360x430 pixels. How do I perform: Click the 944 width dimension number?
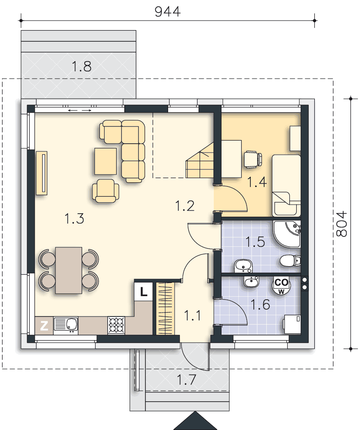tap(168, 12)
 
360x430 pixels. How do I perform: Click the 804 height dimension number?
tap(342, 224)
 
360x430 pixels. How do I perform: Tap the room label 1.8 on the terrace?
tap(81, 67)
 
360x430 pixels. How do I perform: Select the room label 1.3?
tap(74, 218)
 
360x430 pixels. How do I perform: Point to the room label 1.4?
tap(257, 182)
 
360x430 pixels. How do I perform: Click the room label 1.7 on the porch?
tap(186, 380)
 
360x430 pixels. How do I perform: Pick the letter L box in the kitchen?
tap(144, 291)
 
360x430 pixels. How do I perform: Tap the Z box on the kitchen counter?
tap(44, 326)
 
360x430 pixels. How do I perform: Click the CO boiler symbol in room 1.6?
tap(281, 285)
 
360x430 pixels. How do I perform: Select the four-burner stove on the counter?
tap(116, 326)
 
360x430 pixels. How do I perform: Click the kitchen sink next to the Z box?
tap(66, 326)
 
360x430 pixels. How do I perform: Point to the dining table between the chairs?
tap(68, 270)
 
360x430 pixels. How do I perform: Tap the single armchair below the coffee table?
tap(106, 191)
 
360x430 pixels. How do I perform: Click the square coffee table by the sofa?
tap(105, 161)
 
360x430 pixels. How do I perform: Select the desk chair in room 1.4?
tap(253, 159)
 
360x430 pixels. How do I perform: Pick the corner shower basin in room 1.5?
tap(287, 234)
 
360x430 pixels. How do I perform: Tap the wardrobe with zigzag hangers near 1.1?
tap(165, 308)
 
